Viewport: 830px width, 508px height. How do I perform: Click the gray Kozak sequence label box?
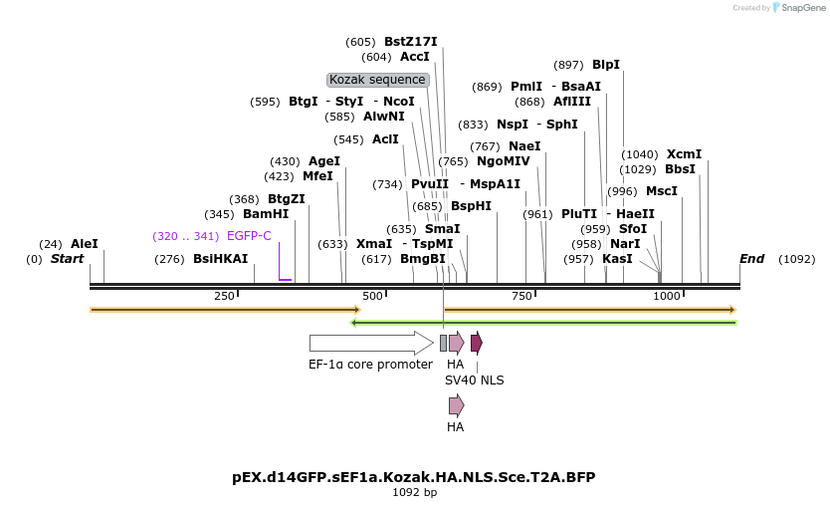[378, 80]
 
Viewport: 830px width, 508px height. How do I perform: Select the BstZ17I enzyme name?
[410, 42]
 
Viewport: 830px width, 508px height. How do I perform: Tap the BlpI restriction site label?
[606, 65]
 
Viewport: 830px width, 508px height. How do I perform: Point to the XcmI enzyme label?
[684, 154]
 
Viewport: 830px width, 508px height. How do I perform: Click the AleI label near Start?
[85, 244]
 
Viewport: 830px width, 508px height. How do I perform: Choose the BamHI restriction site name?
[266, 214]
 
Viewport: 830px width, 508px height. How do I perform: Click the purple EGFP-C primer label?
[249, 236]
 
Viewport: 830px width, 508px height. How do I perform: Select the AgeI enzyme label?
[324, 161]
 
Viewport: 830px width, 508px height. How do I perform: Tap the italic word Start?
[67, 259]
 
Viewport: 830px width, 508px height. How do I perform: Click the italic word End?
[751, 259]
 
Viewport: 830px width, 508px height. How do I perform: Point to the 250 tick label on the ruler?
[224, 296]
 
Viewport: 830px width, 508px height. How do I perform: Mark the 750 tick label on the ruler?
[521, 296]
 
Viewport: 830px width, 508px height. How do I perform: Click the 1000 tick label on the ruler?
[666, 296]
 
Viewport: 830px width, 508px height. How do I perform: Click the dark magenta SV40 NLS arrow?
[477, 343]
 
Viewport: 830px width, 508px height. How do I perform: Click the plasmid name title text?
[414, 477]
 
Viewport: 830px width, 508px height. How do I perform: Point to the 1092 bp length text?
[414, 492]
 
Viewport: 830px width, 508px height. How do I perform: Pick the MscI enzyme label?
[662, 191]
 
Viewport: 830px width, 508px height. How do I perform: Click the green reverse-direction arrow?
[543, 323]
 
